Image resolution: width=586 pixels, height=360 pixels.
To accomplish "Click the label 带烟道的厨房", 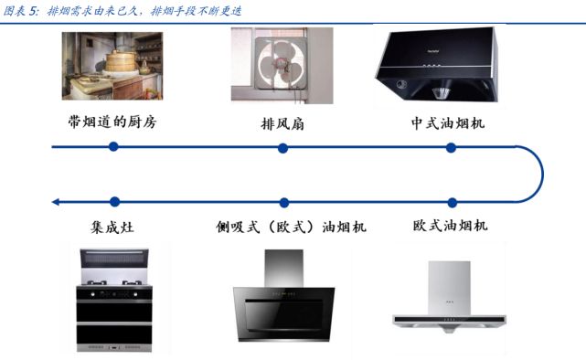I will (x=112, y=122).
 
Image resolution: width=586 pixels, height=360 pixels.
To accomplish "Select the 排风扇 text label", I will (x=282, y=124).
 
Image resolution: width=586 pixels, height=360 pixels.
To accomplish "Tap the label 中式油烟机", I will (x=450, y=122).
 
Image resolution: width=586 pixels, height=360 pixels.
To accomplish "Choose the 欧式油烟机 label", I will (x=450, y=225).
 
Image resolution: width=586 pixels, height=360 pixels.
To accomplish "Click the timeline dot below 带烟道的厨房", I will (x=112, y=146).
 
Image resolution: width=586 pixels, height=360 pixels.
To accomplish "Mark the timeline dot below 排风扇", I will (x=283, y=146).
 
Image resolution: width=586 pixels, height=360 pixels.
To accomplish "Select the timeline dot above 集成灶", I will (x=112, y=201).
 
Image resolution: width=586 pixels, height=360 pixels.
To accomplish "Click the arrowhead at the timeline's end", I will (x=56, y=201).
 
